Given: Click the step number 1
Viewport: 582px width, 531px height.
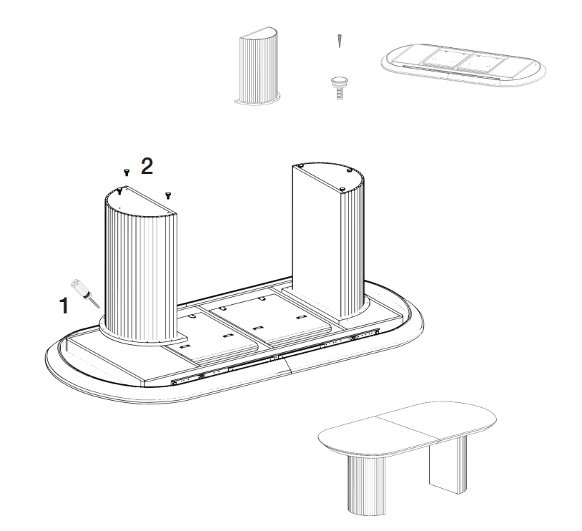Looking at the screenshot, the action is point(64,306).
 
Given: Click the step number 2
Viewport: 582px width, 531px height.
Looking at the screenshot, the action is point(147,166).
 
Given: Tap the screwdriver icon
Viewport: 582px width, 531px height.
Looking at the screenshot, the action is point(86,293).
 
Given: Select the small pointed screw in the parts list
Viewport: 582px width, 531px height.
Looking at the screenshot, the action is point(339,41).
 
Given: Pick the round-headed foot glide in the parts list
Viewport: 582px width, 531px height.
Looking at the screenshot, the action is point(339,87).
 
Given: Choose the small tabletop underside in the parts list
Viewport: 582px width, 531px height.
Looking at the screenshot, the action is point(463,65).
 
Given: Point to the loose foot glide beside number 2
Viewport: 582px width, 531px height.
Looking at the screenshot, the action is point(127,172).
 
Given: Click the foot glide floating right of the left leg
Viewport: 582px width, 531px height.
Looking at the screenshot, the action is point(168,195).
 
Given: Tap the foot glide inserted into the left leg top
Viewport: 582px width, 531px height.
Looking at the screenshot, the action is point(119,191).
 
